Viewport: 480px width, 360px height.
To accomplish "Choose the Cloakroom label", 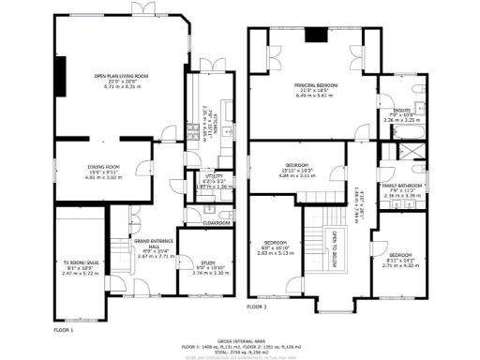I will pos(217,223).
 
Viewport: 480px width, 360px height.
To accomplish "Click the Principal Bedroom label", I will pos(314,85).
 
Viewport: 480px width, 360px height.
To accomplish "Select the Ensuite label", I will pos(401,110).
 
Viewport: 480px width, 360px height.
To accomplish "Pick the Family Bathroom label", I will pos(401,187).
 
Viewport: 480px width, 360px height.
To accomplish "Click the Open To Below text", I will pos(330,251).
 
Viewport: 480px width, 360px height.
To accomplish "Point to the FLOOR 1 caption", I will pos(62,331).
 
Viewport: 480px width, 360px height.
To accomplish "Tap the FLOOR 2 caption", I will pos(257,307).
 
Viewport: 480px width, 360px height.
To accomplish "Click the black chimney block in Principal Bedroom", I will pos(319,37).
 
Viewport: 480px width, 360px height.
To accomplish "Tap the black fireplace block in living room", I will pos(61,73).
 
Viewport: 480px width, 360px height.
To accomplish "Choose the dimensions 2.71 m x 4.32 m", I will pos(401,265).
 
